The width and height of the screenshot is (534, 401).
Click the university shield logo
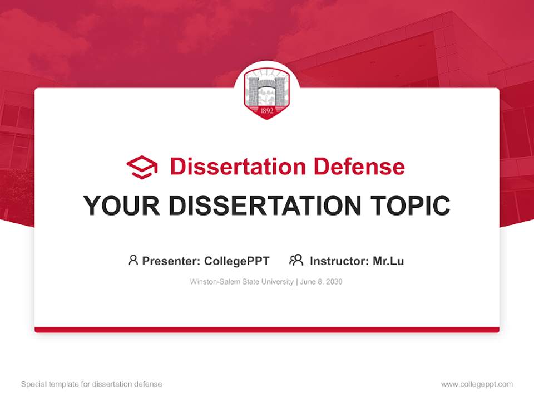coord(267,94)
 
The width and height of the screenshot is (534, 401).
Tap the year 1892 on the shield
coord(267,110)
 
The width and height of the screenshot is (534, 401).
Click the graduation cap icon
coord(142,167)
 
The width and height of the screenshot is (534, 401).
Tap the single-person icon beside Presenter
coord(133,260)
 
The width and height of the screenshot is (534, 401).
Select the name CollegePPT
coord(237,261)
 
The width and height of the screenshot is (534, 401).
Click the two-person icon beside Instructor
coord(296,260)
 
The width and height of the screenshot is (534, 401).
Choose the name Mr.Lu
coord(388,261)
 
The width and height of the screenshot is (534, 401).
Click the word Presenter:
coord(171,261)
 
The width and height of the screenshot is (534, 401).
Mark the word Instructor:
coord(339,261)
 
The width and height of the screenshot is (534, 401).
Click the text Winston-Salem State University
coord(241,282)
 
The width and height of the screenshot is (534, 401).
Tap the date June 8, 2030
coord(322,282)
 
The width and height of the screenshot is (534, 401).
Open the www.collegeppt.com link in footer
coord(477,384)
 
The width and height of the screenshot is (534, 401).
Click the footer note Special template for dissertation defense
coord(91,384)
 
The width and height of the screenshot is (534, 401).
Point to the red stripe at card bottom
coord(267,330)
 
